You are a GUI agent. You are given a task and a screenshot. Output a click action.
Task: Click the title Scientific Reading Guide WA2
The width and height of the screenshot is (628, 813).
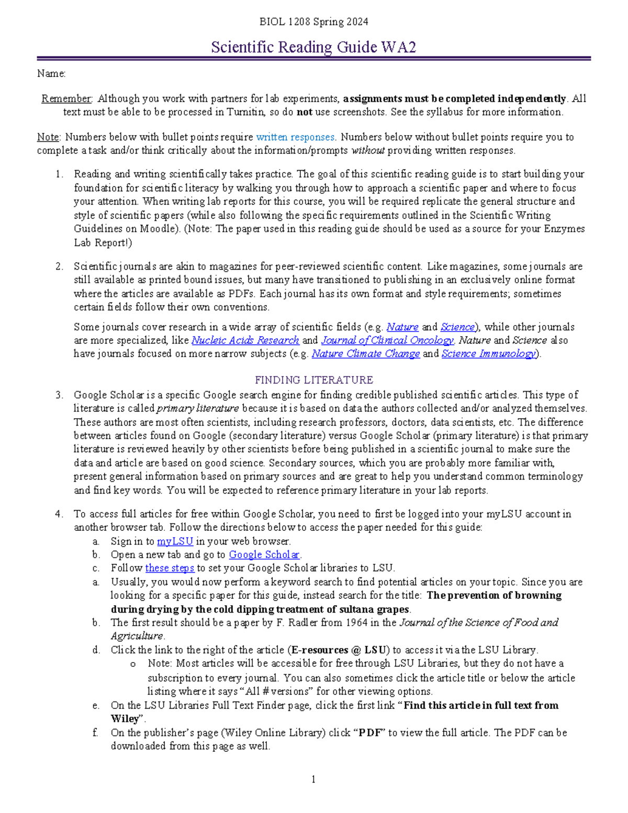pos(313,47)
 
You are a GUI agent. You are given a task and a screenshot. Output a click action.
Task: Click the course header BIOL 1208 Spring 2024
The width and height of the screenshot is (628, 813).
pos(313,22)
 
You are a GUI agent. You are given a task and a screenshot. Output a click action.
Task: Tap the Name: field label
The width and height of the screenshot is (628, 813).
pos(51,74)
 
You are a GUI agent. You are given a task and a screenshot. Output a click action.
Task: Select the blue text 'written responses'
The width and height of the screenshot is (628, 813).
pos(295,137)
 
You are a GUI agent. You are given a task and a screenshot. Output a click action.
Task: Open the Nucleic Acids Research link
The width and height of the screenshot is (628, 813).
pos(245,340)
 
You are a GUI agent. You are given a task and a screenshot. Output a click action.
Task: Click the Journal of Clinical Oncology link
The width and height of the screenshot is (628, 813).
pos(387,340)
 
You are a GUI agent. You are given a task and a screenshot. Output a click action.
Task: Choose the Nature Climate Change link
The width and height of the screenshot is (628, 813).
pos(365,354)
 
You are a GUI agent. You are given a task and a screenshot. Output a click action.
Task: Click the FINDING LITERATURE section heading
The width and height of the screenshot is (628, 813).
pos(313,380)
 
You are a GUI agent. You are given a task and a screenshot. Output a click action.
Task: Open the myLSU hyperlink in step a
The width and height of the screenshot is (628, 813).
pos(175,541)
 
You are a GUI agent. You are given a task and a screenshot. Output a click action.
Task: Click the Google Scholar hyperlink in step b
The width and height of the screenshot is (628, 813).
pos(264,555)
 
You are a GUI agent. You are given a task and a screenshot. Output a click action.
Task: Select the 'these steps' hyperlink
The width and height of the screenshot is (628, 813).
pos(170,568)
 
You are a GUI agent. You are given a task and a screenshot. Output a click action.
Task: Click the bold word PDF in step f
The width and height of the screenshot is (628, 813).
pos(370,733)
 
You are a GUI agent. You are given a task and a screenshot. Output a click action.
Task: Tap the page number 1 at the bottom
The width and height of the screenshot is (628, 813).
pos(313,779)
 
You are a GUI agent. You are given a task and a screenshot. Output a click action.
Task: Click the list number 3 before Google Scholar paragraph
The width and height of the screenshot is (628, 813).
pos(59,395)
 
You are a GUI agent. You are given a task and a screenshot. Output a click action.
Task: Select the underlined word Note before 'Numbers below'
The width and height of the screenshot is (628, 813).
pos(48,137)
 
